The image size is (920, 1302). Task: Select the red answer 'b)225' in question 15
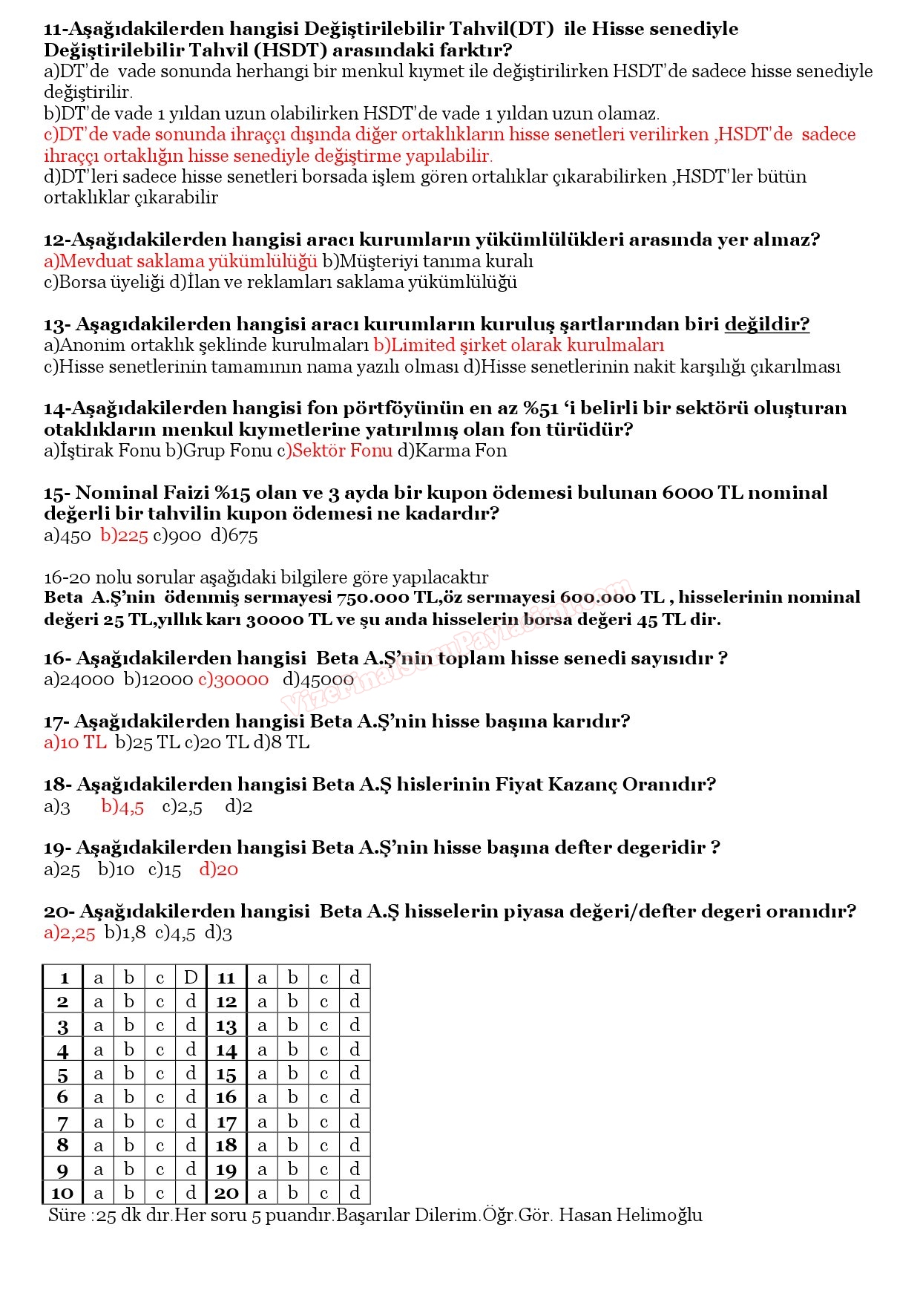tap(125, 535)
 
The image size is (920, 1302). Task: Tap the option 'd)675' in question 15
tap(234, 535)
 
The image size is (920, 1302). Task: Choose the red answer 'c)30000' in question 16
tap(234, 679)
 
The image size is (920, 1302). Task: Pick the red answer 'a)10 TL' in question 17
tap(75, 742)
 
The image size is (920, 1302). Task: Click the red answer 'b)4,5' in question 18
tap(122, 806)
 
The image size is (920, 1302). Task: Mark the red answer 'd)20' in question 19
tap(219, 869)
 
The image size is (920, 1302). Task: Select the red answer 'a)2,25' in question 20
tap(70, 933)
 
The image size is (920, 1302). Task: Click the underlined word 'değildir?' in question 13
tap(766, 324)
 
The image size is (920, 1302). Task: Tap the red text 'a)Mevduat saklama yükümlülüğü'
tap(180, 261)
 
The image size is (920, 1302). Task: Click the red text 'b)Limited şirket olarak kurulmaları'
tap(519, 345)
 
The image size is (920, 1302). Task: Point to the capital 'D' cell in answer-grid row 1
tap(191, 978)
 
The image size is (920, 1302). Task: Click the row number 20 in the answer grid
tap(226, 1193)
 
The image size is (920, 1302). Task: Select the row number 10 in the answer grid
tap(62, 1193)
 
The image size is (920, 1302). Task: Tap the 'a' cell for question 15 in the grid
tap(262, 1074)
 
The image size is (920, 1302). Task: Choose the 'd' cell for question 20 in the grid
tap(355, 1193)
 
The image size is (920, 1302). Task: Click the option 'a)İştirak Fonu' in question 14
tap(102, 451)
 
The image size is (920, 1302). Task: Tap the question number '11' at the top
tap(53, 30)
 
